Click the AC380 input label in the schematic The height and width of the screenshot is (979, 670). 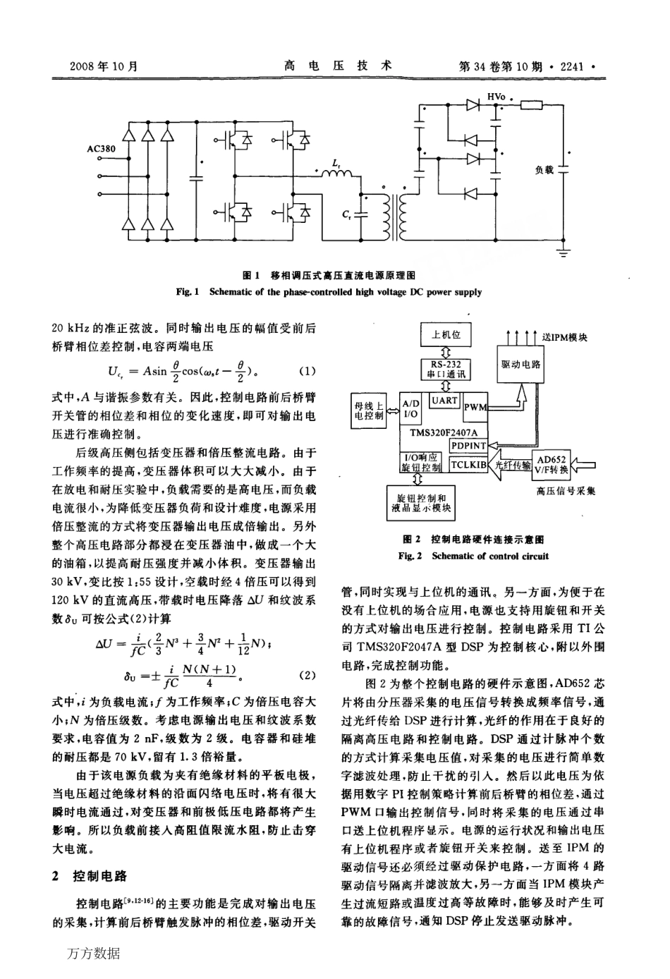coord(101,150)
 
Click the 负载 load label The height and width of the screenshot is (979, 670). coord(544,170)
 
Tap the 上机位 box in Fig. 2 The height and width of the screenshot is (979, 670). coord(446,335)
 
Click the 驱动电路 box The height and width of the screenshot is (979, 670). coord(520,365)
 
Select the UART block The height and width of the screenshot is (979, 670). coord(444,401)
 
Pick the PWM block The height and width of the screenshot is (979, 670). coord(476,407)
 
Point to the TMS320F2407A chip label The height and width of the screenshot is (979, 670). coord(444,432)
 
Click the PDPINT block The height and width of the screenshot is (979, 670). coord(468,446)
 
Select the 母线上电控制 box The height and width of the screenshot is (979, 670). coord(368,411)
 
